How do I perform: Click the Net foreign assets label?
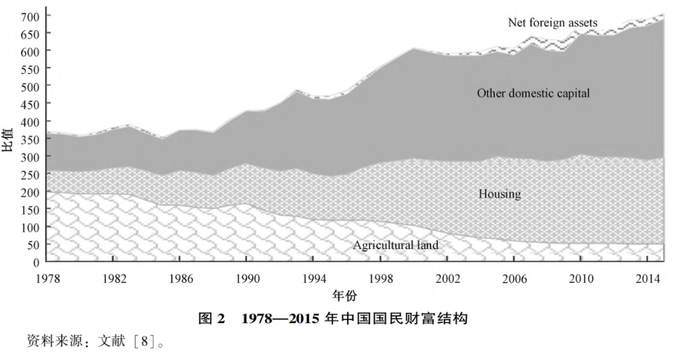click(x=553, y=23)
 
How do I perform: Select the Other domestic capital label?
click(x=533, y=93)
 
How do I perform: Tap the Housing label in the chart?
click(x=499, y=194)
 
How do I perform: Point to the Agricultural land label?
click(x=396, y=245)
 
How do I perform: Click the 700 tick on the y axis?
click(x=31, y=15)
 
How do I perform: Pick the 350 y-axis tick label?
click(x=31, y=138)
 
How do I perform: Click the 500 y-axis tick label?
click(x=31, y=85)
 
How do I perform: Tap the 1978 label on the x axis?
click(x=48, y=277)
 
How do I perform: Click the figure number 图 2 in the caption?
click(x=211, y=319)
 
